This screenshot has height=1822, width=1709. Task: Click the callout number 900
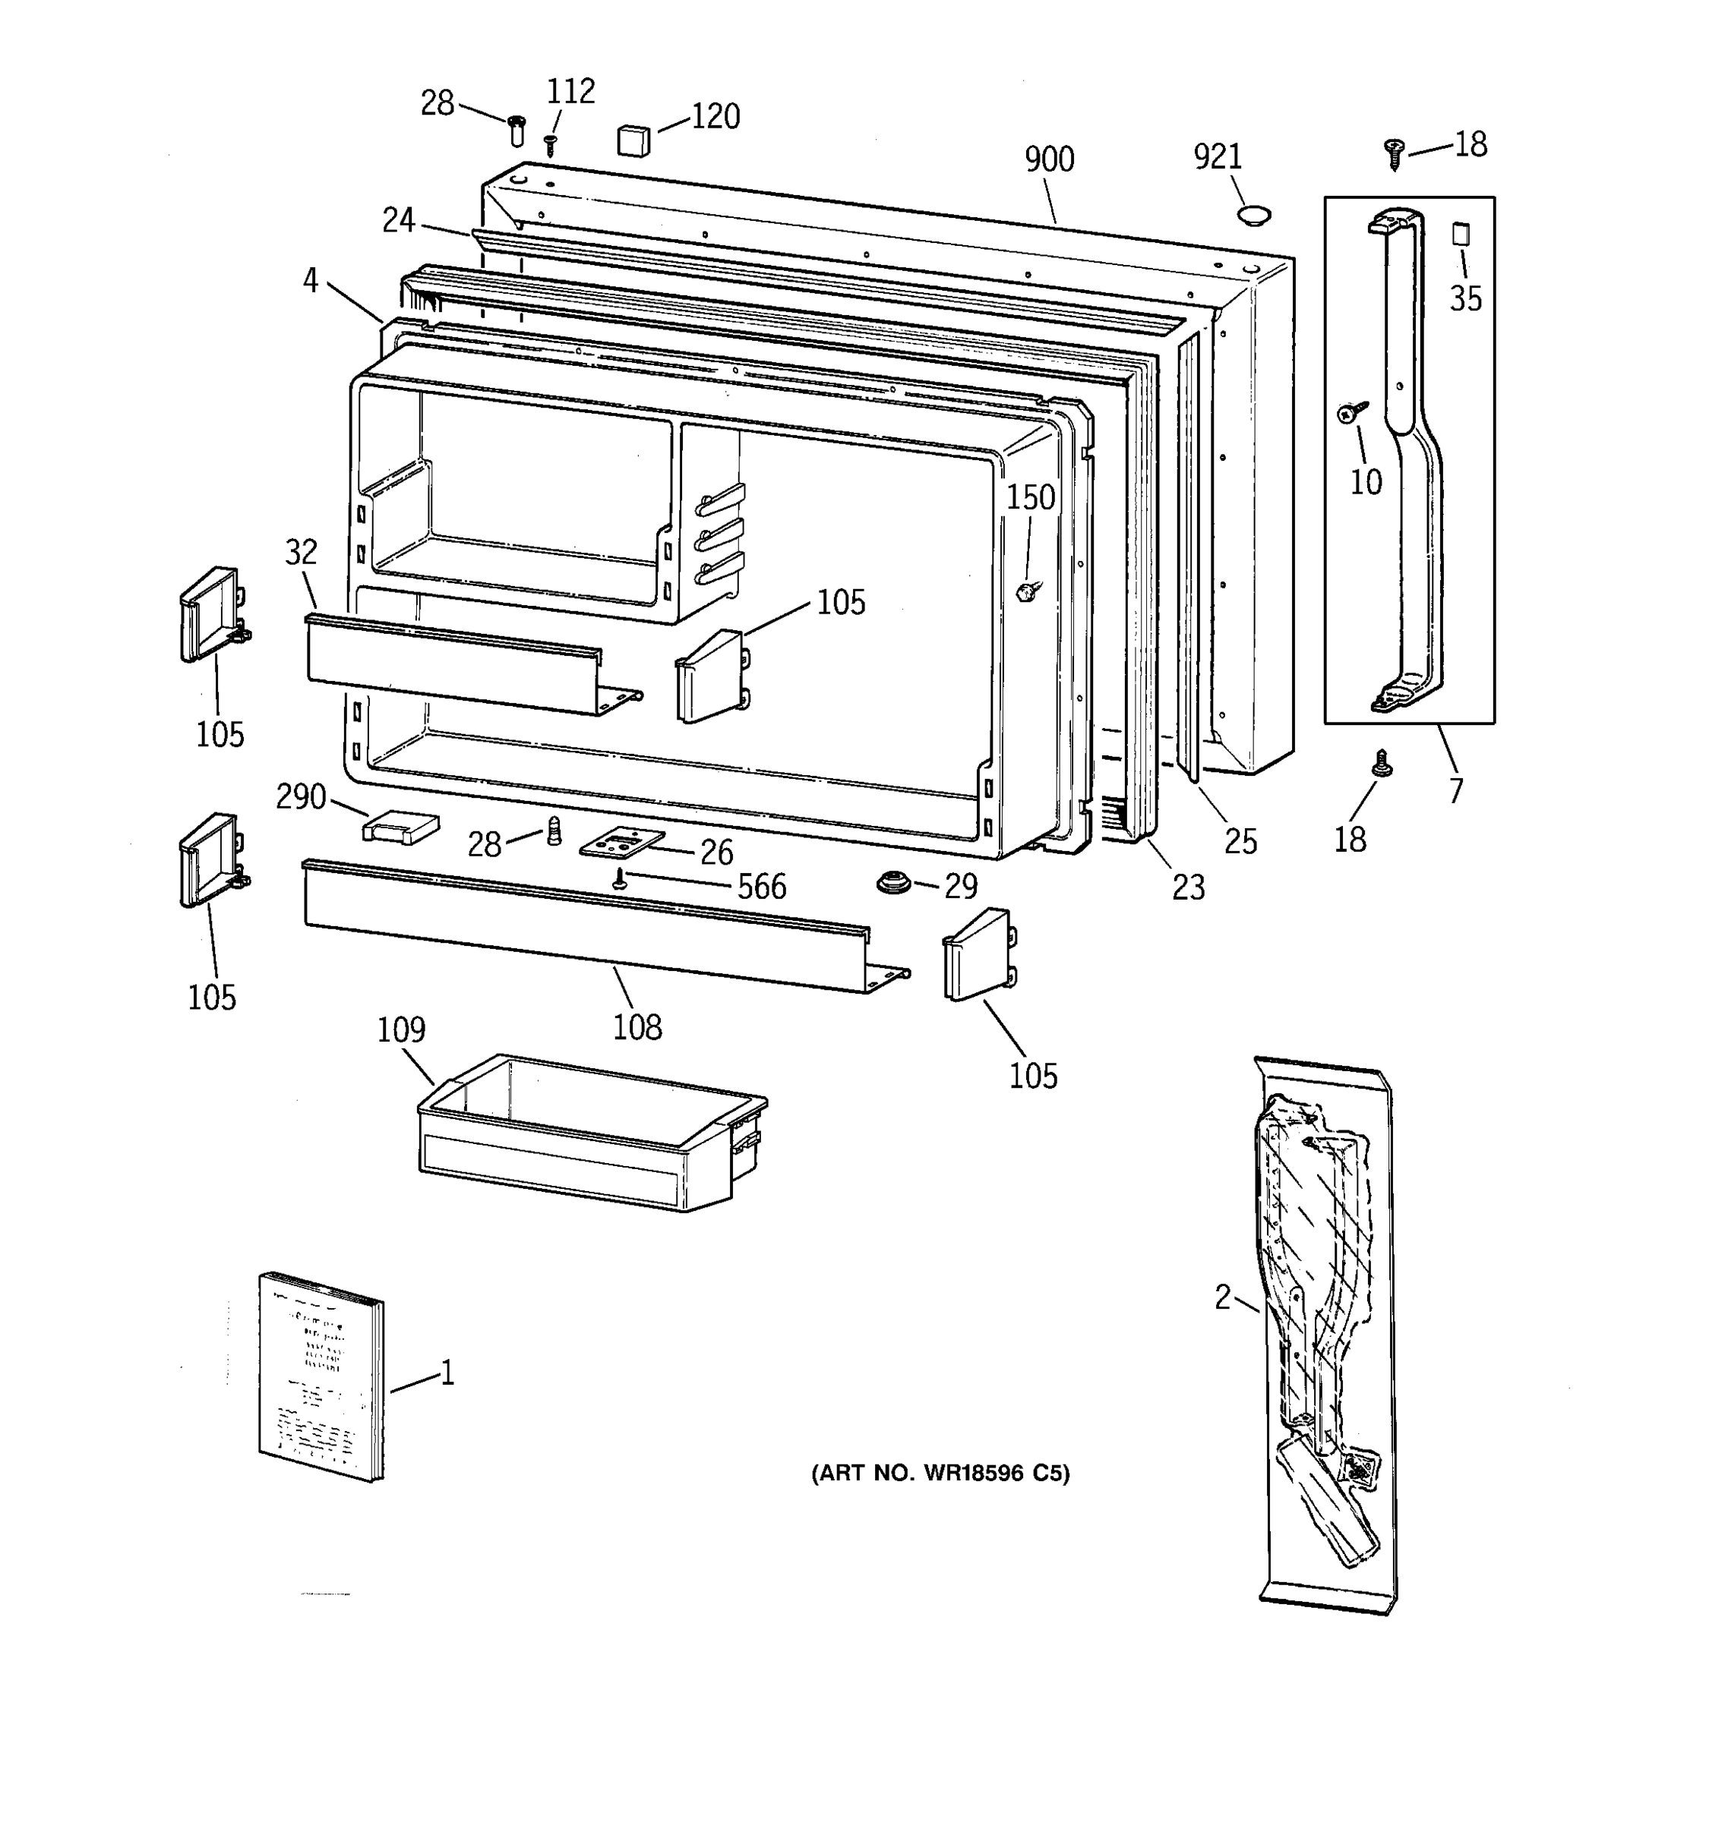click(x=1049, y=159)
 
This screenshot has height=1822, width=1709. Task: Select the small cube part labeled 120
click(x=633, y=141)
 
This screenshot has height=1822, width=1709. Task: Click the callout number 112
click(x=570, y=92)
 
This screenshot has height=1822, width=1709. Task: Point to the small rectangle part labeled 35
click(x=1460, y=234)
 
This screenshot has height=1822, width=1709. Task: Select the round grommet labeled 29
click(x=891, y=884)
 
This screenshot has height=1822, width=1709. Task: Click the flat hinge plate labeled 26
click(x=621, y=841)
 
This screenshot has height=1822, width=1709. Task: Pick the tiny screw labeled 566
click(x=621, y=880)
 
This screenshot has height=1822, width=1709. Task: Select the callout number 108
click(x=637, y=1027)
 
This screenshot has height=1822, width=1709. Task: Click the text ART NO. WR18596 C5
click(x=940, y=1474)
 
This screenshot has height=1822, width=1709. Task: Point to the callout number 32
click(x=301, y=552)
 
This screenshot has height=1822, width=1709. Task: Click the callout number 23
click(x=1188, y=887)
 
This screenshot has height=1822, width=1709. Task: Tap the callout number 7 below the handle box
click(x=1456, y=789)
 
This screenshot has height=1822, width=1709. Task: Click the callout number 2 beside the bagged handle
click(x=1222, y=1297)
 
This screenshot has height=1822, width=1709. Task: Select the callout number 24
click(x=399, y=220)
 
